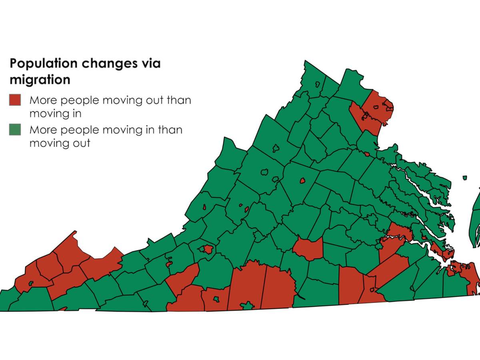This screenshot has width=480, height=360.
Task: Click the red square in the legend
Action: (x=15, y=100)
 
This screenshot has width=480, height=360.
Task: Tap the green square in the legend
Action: (x=15, y=130)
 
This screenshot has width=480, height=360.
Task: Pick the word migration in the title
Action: (x=40, y=80)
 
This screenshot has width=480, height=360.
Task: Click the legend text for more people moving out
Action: (x=110, y=106)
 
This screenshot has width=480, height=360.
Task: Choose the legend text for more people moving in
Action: (x=106, y=136)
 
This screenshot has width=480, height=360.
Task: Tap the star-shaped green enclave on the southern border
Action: (x=248, y=306)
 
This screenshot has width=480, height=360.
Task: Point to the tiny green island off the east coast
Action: (x=465, y=178)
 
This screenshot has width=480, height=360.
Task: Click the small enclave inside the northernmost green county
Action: (x=318, y=84)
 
